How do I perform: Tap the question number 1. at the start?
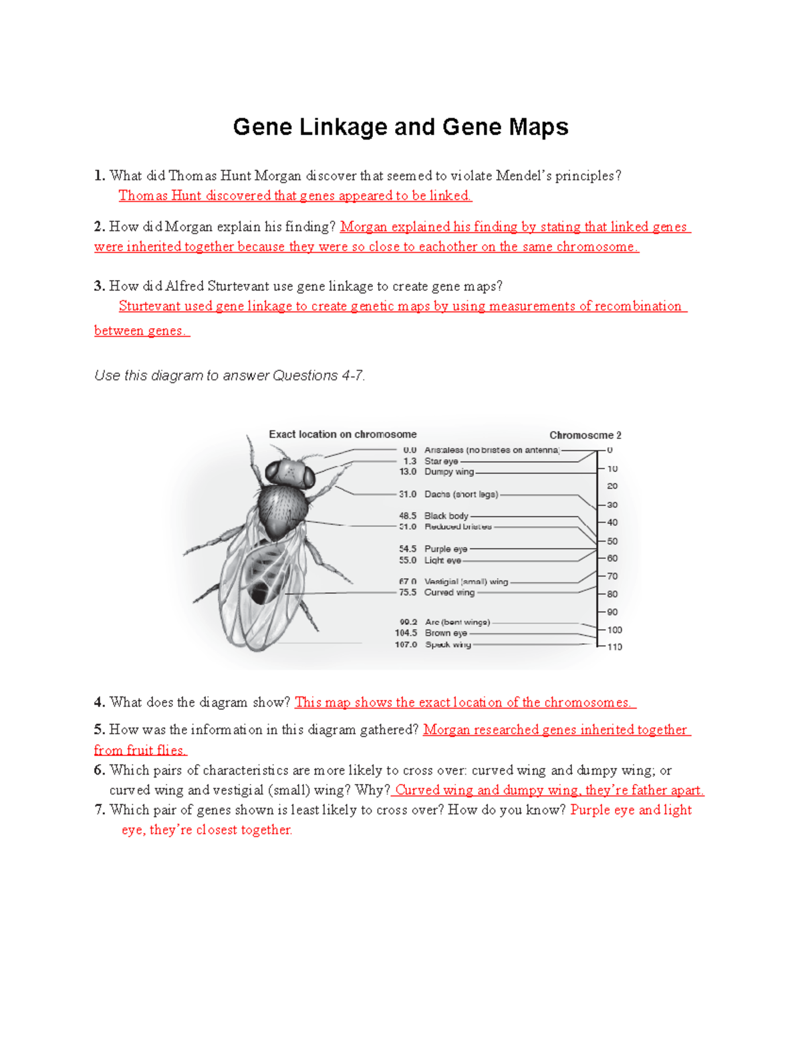(100, 176)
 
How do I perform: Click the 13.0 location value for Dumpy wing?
(408, 472)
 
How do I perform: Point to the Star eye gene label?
(441, 461)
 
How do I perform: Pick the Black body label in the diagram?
(446, 516)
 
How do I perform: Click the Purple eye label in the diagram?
(446, 549)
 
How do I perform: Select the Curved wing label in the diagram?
(449, 592)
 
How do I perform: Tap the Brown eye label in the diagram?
(446, 633)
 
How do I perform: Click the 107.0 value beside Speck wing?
(406, 645)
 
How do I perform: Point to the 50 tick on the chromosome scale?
(612, 541)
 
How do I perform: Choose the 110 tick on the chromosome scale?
(614, 647)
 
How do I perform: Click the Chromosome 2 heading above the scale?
(585, 435)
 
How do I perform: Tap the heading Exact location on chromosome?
(342, 434)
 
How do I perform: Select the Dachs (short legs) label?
(461, 495)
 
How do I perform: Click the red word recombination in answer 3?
(638, 306)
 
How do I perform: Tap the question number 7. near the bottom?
(100, 810)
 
